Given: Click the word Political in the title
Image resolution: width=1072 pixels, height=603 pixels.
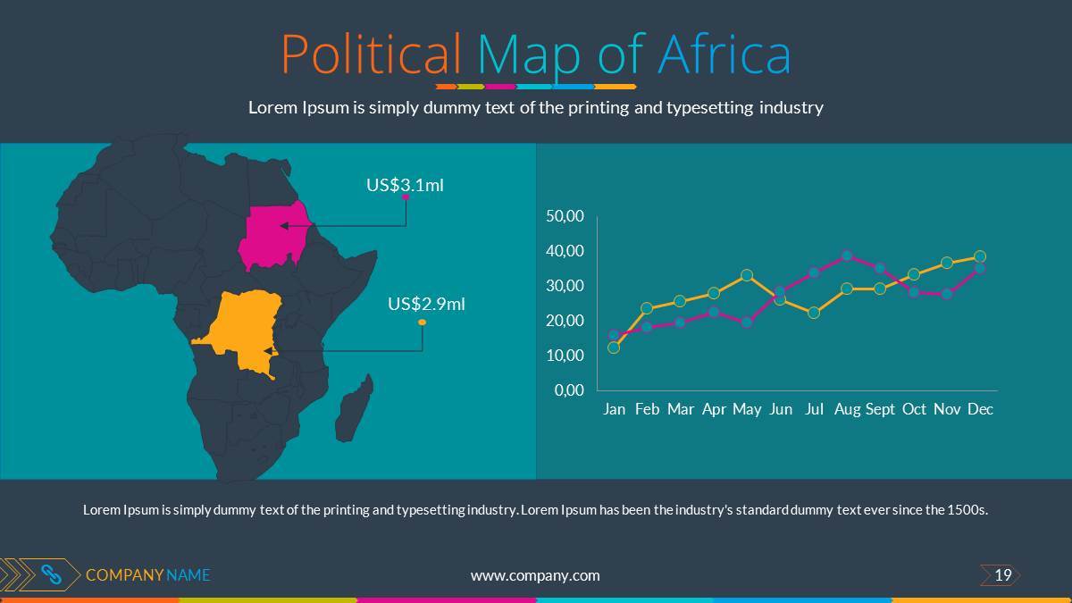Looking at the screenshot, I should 372,54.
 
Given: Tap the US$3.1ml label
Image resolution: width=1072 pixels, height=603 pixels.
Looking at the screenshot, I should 405,185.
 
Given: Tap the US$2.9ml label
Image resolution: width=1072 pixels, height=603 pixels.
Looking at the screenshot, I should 426,304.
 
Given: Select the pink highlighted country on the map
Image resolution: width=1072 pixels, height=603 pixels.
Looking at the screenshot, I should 272,235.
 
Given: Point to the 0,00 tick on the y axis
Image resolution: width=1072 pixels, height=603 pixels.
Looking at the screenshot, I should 569,390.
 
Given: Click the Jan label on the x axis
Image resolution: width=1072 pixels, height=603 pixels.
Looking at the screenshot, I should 614,409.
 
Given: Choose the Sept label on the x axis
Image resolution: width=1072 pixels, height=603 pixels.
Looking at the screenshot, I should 880,409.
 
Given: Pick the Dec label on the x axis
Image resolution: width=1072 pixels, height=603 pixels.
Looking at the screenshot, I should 980,409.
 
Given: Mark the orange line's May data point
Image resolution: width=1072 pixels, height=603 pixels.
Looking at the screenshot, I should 747,275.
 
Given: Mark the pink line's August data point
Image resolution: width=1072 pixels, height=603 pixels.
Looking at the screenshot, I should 847,255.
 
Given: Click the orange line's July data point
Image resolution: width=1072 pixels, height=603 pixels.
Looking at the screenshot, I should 814,313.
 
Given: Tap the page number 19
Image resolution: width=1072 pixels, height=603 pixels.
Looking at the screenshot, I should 1002,575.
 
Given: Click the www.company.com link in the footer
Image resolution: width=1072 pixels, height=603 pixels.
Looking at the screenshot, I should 535,575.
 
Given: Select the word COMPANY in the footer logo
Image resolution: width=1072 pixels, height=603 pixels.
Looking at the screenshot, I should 124,575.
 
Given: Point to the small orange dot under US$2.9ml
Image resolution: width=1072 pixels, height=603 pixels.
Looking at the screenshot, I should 422,322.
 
